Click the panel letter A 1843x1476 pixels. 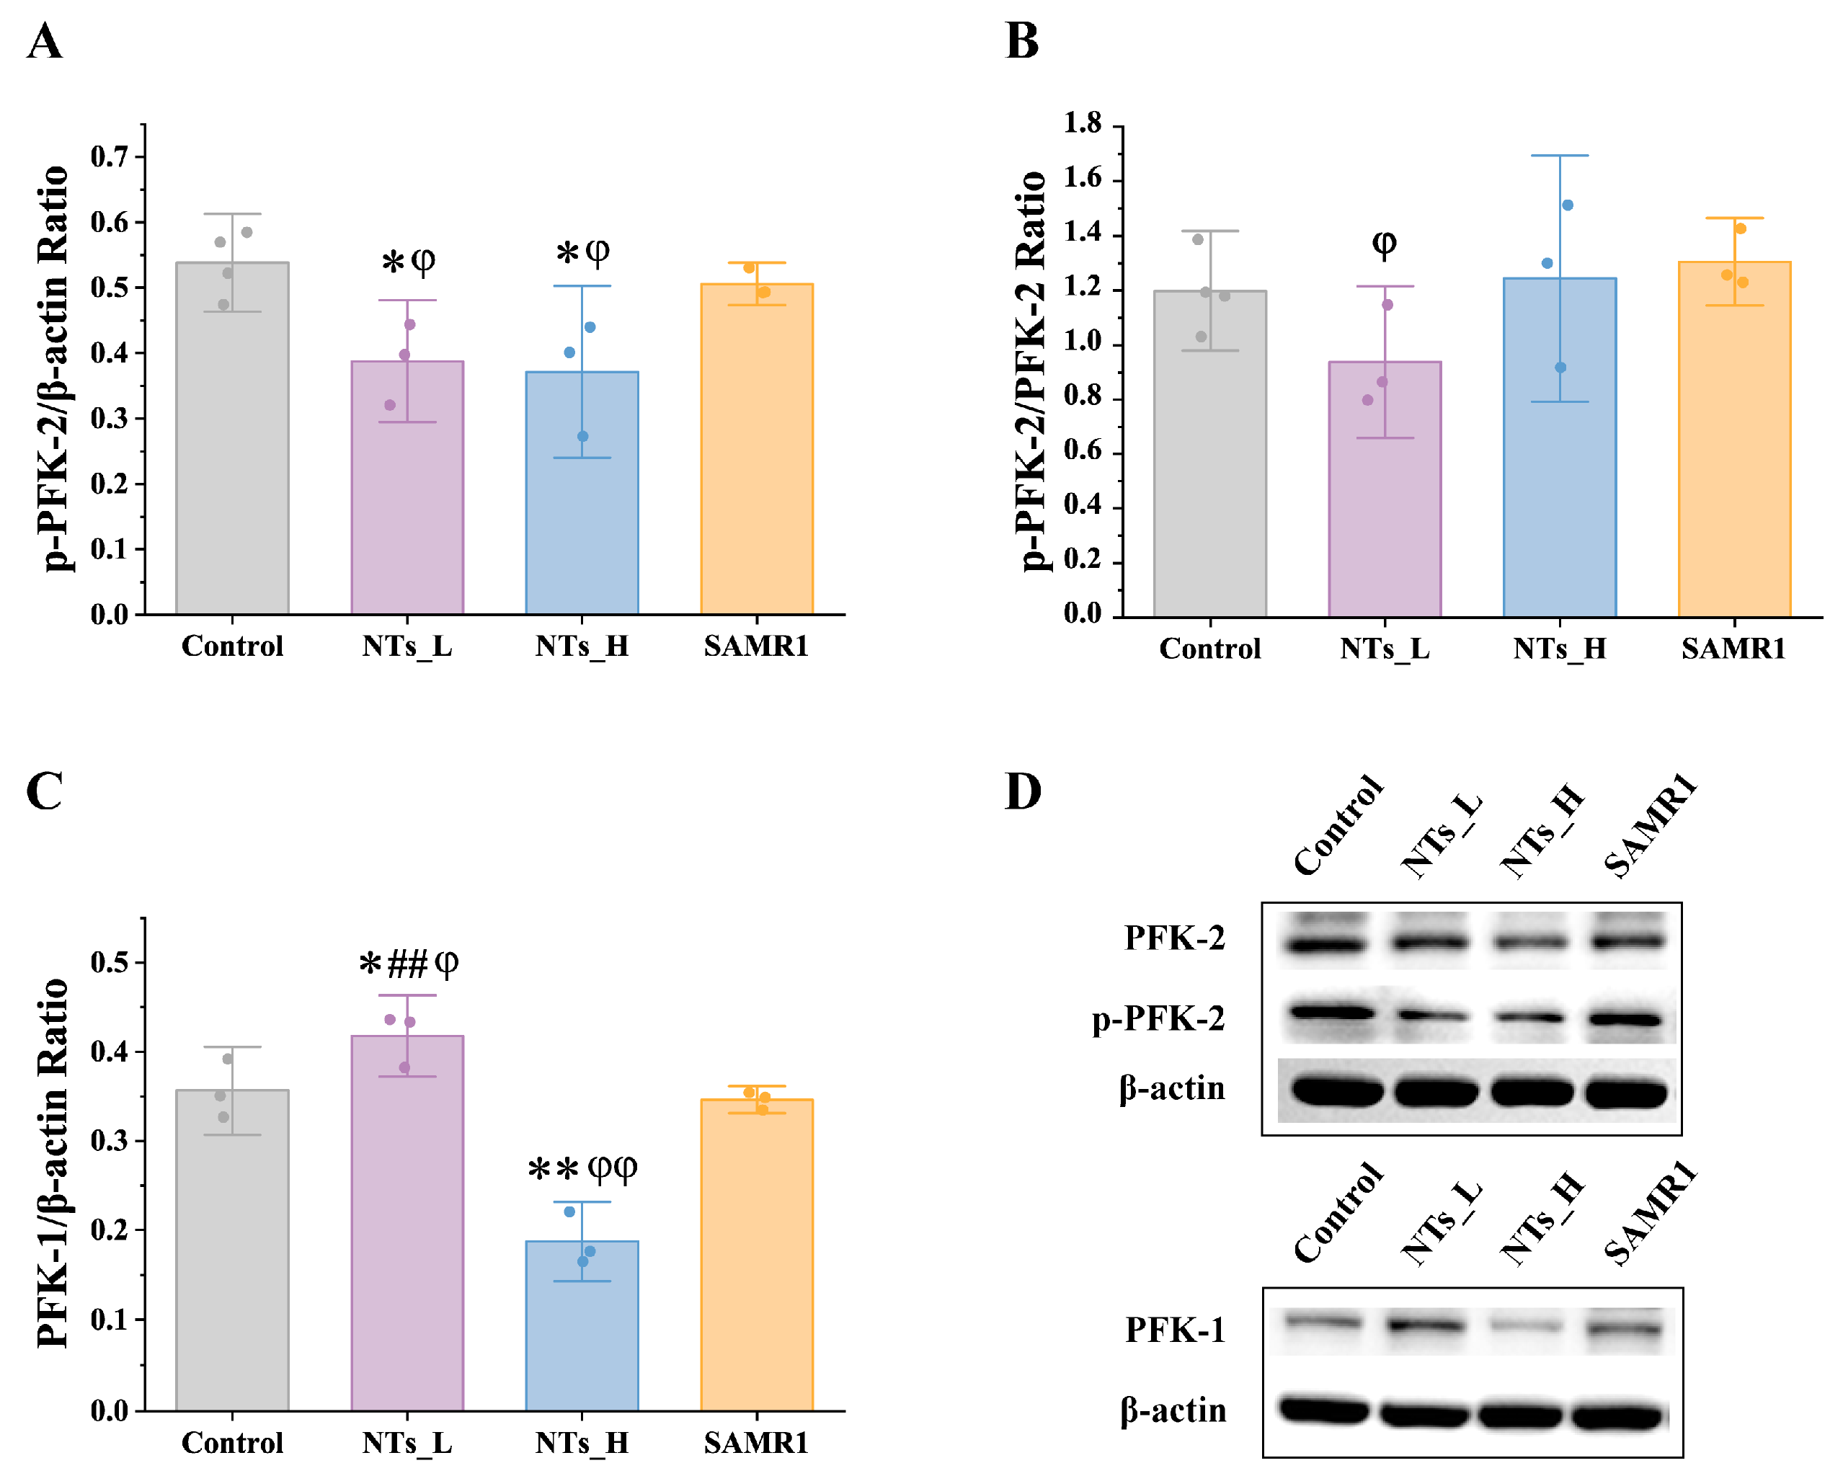coord(45,41)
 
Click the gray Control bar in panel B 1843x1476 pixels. coord(1209,453)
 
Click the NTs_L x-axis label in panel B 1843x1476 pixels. coord(1384,649)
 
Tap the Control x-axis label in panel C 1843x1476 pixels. coord(231,1443)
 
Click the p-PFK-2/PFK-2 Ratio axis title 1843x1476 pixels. coord(1031,371)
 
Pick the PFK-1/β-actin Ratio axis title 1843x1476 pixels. coord(53,1162)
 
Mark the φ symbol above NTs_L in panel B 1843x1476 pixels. coord(1384,244)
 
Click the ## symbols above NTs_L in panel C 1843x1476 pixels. coord(407,965)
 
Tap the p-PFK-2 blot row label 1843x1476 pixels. coord(1158,1019)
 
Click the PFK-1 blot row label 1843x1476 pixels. coord(1175,1330)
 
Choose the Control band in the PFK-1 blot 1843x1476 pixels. coord(1323,1323)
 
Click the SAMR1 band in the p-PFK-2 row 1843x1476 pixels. coord(1627,1019)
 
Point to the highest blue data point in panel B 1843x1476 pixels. coord(1567,205)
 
